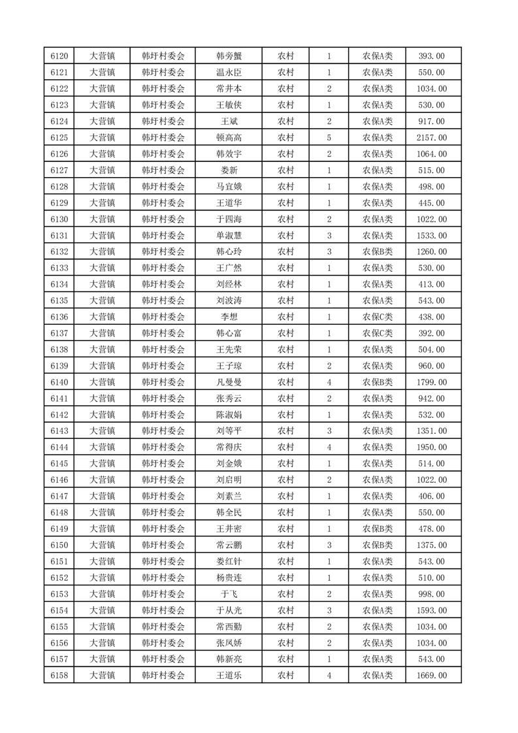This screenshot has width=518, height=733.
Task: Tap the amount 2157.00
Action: tap(431, 138)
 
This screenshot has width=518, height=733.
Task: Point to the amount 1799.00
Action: tap(431, 382)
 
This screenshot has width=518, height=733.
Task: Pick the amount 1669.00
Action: tap(431, 676)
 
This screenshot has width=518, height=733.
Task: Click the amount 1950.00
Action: tap(431, 448)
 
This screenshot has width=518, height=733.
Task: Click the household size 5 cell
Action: tap(329, 138)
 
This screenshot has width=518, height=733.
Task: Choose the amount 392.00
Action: tap(431, 333)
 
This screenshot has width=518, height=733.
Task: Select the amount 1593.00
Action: tap(431, 610)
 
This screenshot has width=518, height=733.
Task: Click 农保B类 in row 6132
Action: tap(378, 252)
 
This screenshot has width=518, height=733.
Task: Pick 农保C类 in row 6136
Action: tap(378, 317)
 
